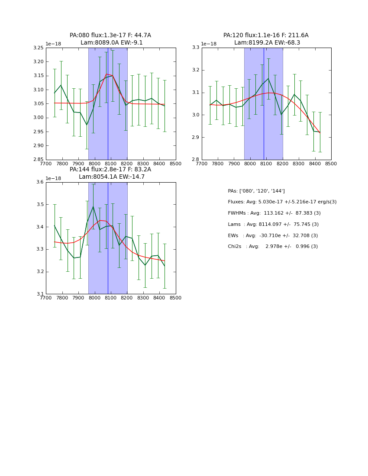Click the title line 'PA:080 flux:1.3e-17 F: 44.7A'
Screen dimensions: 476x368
pyautogui.click(x=110, y=35)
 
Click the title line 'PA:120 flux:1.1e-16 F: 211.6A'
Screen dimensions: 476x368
pyautogui.click(x=266, y=35)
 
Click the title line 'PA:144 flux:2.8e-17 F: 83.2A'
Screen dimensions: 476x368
pyautogui.click(x=110, y=170)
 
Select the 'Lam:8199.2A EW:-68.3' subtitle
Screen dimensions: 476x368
pyautogui.click(x=267, y=43)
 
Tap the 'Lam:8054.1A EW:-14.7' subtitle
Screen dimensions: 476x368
pyautogui.click(x=112, y=177)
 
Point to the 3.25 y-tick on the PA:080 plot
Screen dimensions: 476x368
pyautogui.click(x=39, y=48)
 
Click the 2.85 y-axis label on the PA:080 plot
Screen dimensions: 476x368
pyautogui.click(x=39, y=160)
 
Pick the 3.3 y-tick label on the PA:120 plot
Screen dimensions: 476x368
pyautogui.click(x=196, y=48)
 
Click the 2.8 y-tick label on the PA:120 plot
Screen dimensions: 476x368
pyautogui.click(x=196, y=160)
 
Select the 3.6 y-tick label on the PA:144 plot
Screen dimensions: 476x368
pyautogui.click(x=40, y=182)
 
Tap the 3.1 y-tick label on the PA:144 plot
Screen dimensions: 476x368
pyautogui.click(x=40, y=294)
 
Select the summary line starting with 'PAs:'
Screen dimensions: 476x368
pyautogui.click(x=256, y=191)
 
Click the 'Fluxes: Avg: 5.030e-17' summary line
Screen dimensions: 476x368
pyautogui.click(x=282, y=202)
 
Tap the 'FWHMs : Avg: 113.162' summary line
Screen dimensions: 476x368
pyautogui.click(x=274, y=213)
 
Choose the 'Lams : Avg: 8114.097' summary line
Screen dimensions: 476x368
pyautogui.click(x=273, y=225)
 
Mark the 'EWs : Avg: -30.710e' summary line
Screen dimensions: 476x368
pyautogui.click(x=273, y=236)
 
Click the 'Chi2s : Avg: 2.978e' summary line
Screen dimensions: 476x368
pyautogui.click(x=273, y=247)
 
